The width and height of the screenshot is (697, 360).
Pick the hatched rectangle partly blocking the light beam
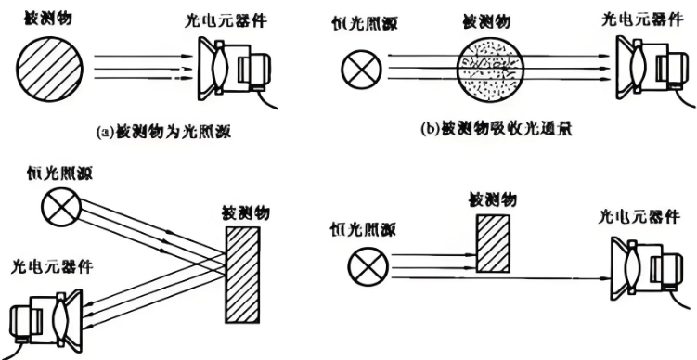click(x=491, y=242)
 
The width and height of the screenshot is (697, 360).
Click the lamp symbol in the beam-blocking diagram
click(x=366, y=267)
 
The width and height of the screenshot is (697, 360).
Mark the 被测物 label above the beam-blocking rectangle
click(x=494, y=199)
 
